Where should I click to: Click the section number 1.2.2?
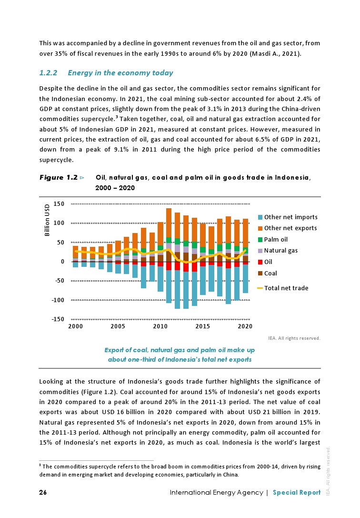(x=48, y=73)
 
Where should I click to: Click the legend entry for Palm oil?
(x=276, y=239)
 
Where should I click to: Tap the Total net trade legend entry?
(x=286, y=288)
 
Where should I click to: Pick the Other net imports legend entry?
(x=290, y=217)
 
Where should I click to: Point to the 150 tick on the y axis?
(x=59, y=204)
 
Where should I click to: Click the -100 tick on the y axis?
(x=57, y=300)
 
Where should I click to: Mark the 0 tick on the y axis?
(x=62, y=262)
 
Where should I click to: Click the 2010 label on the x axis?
(x=160, y=326)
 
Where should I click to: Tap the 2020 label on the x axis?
(x=245, y=326)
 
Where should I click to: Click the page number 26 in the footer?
(x=43, y=493)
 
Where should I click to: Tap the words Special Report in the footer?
(x=297, y=493)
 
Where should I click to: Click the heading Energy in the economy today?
(x=120, y=73)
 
